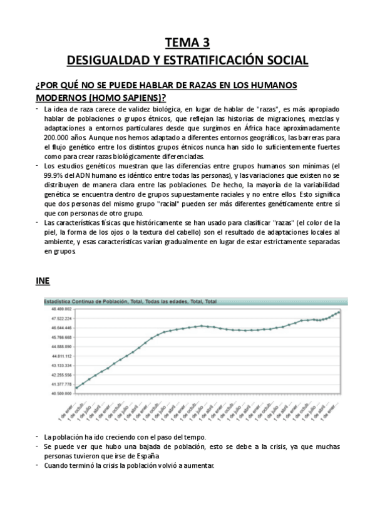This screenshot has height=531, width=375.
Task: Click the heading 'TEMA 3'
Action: pos(187,43)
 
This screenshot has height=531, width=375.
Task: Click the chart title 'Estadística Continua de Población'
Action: pos(84,302)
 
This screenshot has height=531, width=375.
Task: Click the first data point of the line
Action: pos(76,388)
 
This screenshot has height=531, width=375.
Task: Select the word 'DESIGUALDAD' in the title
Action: pos(103,60)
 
